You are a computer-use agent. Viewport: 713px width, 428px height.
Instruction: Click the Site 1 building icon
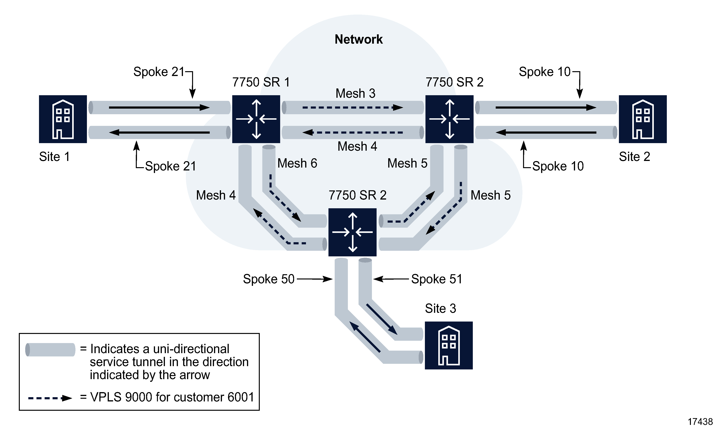coord(63,119)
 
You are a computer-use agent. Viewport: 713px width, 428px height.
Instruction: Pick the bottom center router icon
coord(352,232)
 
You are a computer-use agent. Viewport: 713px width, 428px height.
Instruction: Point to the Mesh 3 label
coord(355,93)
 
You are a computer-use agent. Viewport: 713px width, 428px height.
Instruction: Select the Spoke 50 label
coord(268,279)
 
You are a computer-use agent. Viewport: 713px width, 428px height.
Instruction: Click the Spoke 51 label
coord(436,279)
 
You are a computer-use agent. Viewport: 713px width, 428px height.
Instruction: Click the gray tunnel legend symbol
coord(50,349)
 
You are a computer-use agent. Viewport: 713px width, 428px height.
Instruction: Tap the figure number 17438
coord(700,422)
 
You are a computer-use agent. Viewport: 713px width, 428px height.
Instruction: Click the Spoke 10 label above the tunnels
coord(544,72)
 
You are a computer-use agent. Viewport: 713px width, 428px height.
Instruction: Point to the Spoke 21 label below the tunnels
coord(170,166)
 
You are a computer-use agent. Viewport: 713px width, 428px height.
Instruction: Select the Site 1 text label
coord(54,157)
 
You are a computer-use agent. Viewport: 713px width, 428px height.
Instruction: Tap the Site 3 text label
coord(440,308)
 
